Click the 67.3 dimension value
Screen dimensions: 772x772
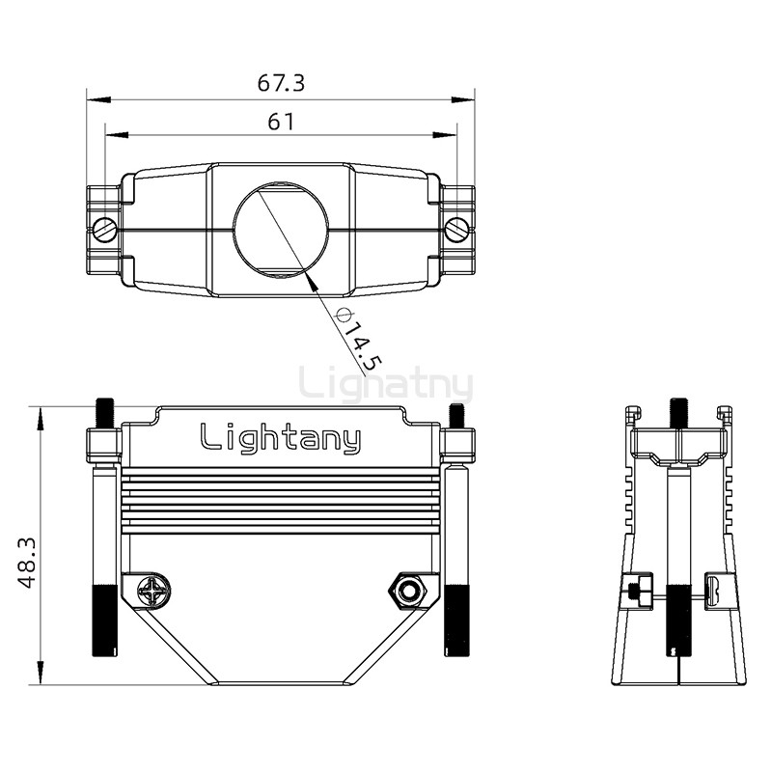tap(281, 83)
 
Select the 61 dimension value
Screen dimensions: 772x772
tap(281, 122)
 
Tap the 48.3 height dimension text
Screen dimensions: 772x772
tap(27, 563)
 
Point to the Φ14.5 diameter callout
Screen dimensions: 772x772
tap(358, 340)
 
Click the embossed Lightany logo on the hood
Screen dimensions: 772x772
tap(281, 438)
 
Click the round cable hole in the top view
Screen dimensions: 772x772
tap(281, 230)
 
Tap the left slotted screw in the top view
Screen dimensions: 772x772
tap(105, 230)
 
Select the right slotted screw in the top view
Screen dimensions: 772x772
tap(457, 230)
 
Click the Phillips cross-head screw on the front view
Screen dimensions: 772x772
tap(153, 591)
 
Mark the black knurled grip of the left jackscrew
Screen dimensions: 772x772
tap(105, 620)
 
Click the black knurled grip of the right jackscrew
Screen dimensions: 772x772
tap(457, 620)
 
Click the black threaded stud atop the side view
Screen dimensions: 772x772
tap(679, 413)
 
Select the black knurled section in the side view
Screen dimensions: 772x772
tap(679, 620)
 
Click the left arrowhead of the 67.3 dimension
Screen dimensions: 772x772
tap(97, 100)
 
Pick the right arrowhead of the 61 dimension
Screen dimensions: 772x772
tap(445, 134)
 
